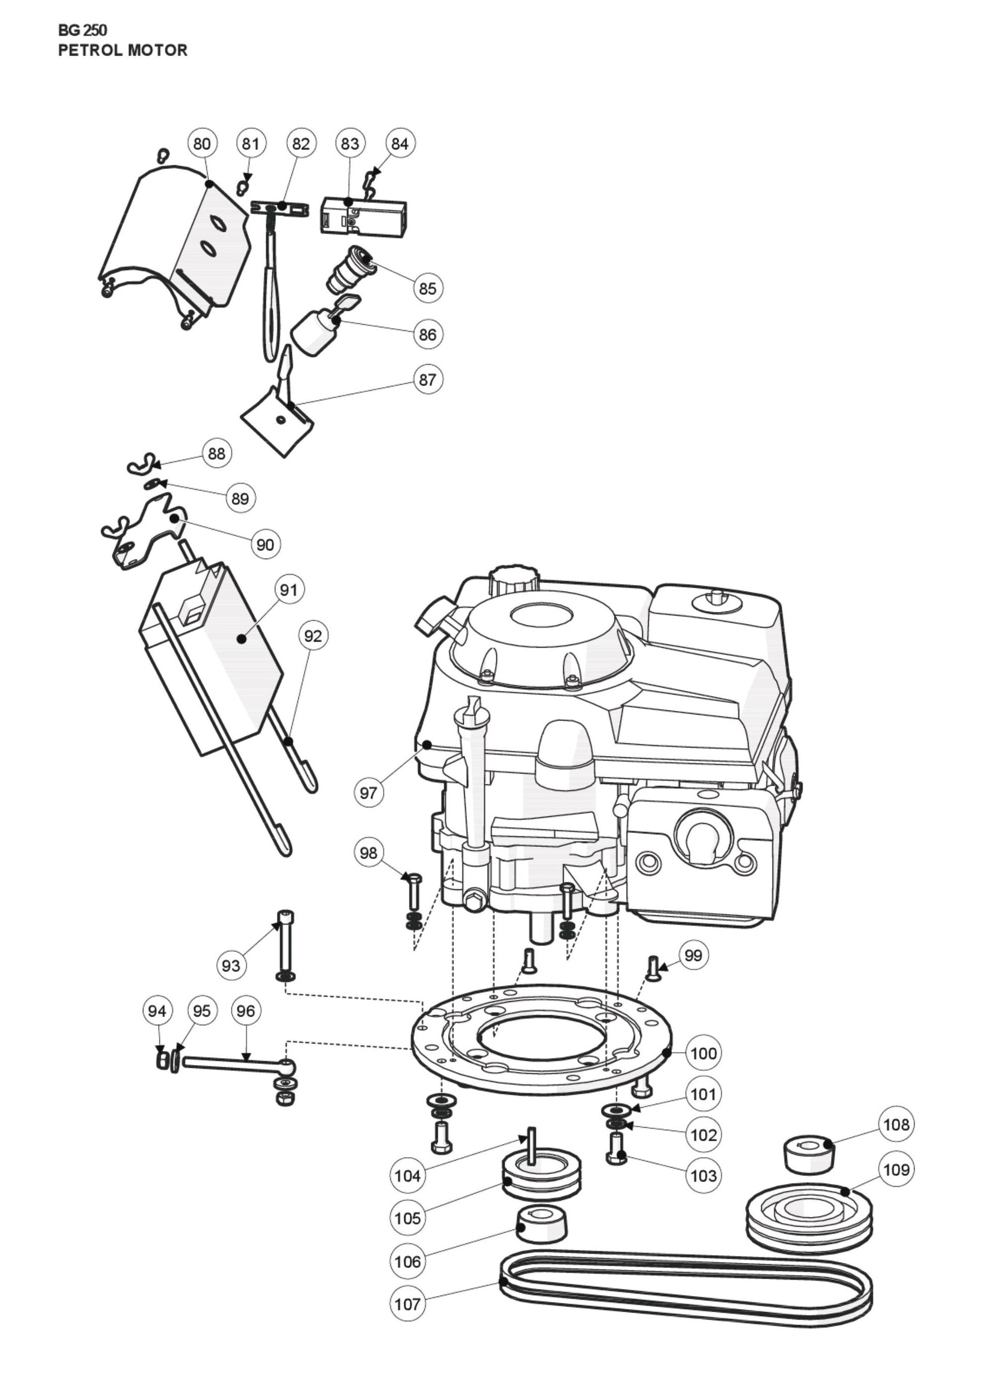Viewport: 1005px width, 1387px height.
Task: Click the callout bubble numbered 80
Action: coord(201,143)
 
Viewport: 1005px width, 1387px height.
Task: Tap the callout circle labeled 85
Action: coord(428,288)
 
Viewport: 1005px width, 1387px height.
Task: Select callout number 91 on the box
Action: coord(288,590)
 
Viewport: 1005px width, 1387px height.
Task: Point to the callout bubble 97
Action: coord(368,793)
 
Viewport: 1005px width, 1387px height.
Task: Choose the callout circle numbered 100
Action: coord(703,1053)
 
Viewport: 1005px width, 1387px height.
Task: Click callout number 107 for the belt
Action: coord(407,1304)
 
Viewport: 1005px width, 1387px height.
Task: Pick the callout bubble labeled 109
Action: coord(896,1169)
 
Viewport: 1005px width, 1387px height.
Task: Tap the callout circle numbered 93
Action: coord(231,966)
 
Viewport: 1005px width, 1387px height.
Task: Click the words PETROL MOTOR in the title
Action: coord(122,50)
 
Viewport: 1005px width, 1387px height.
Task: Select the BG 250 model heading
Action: coord(83,30)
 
